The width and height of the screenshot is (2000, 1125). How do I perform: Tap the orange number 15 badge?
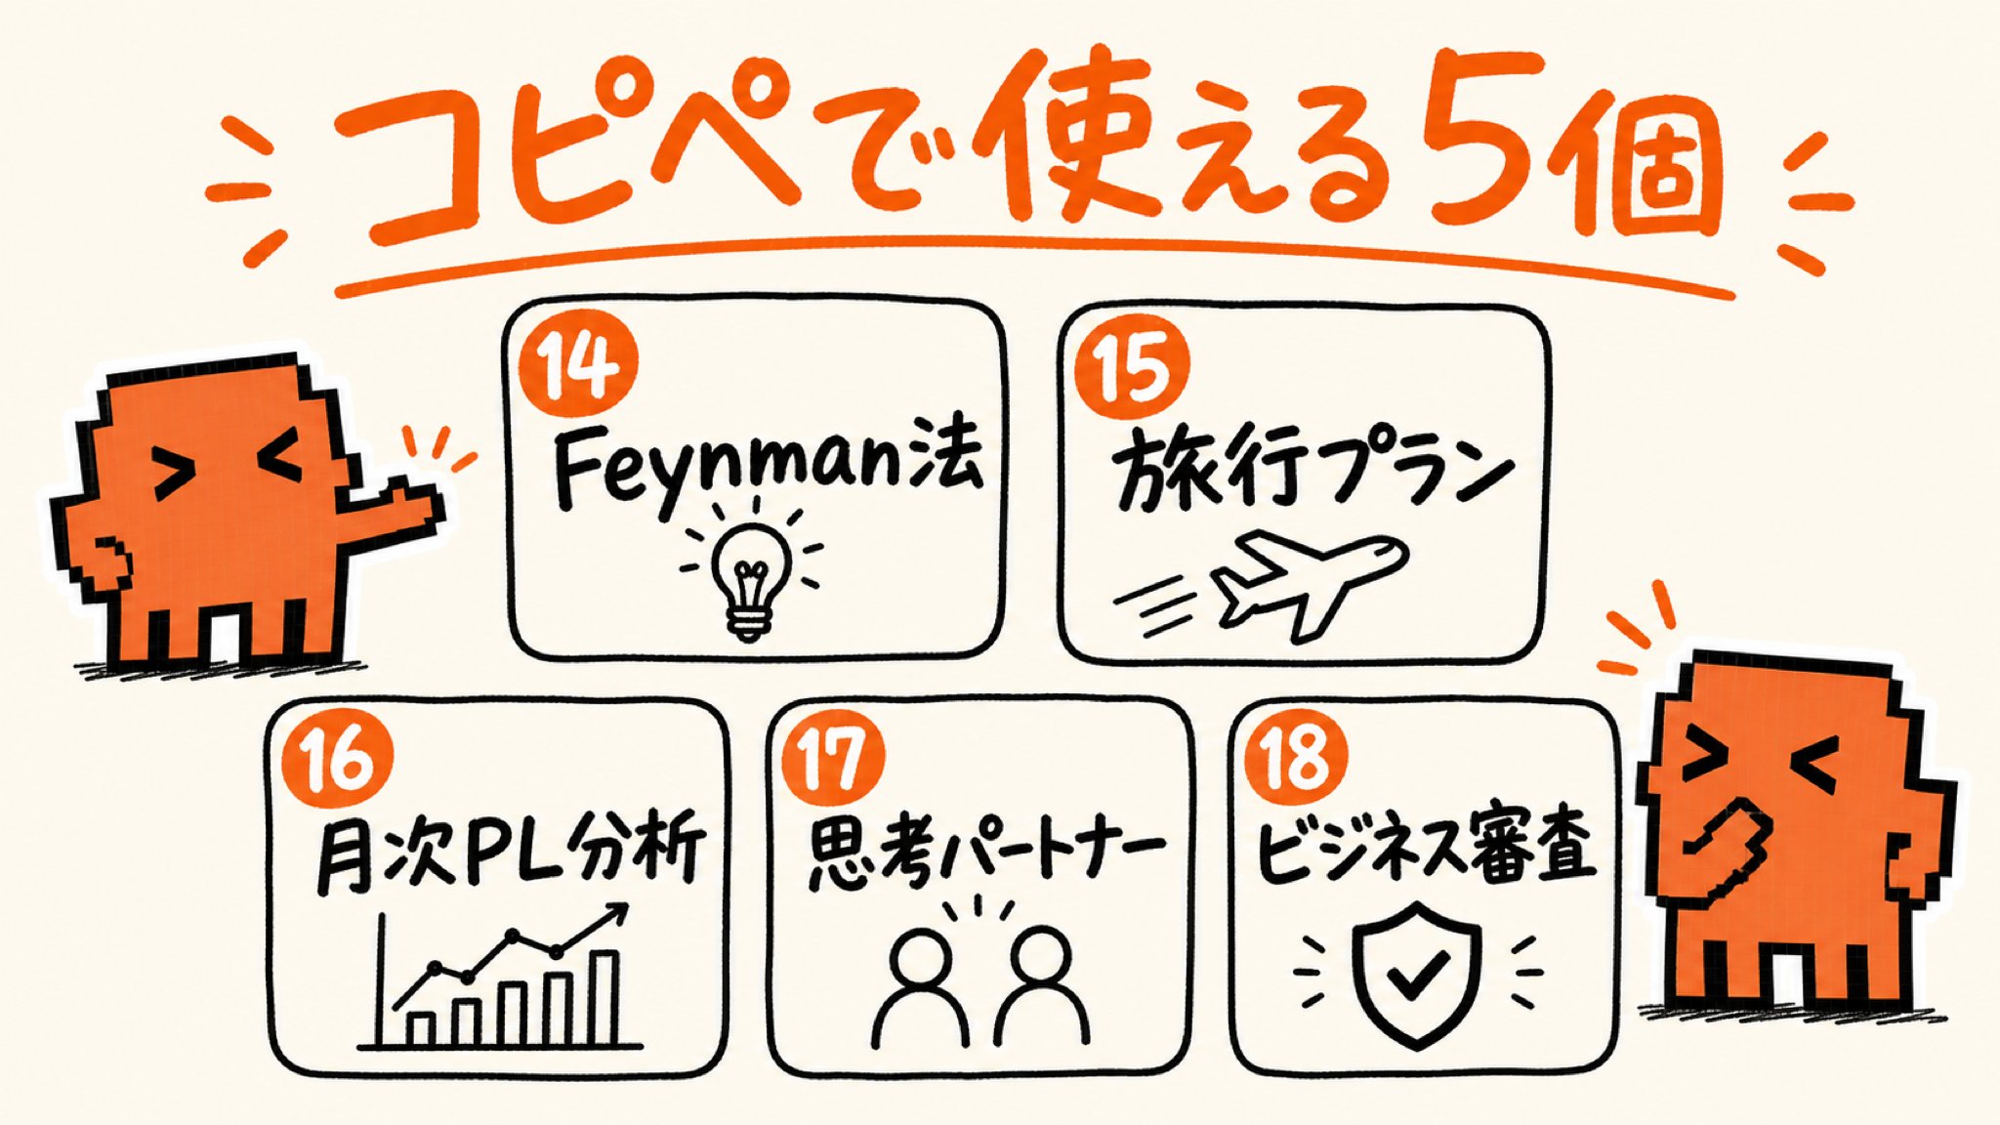[1132, 367]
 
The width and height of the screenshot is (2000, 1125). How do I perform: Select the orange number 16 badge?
[336, 759]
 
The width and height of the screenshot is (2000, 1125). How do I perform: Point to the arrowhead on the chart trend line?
[615, 914]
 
